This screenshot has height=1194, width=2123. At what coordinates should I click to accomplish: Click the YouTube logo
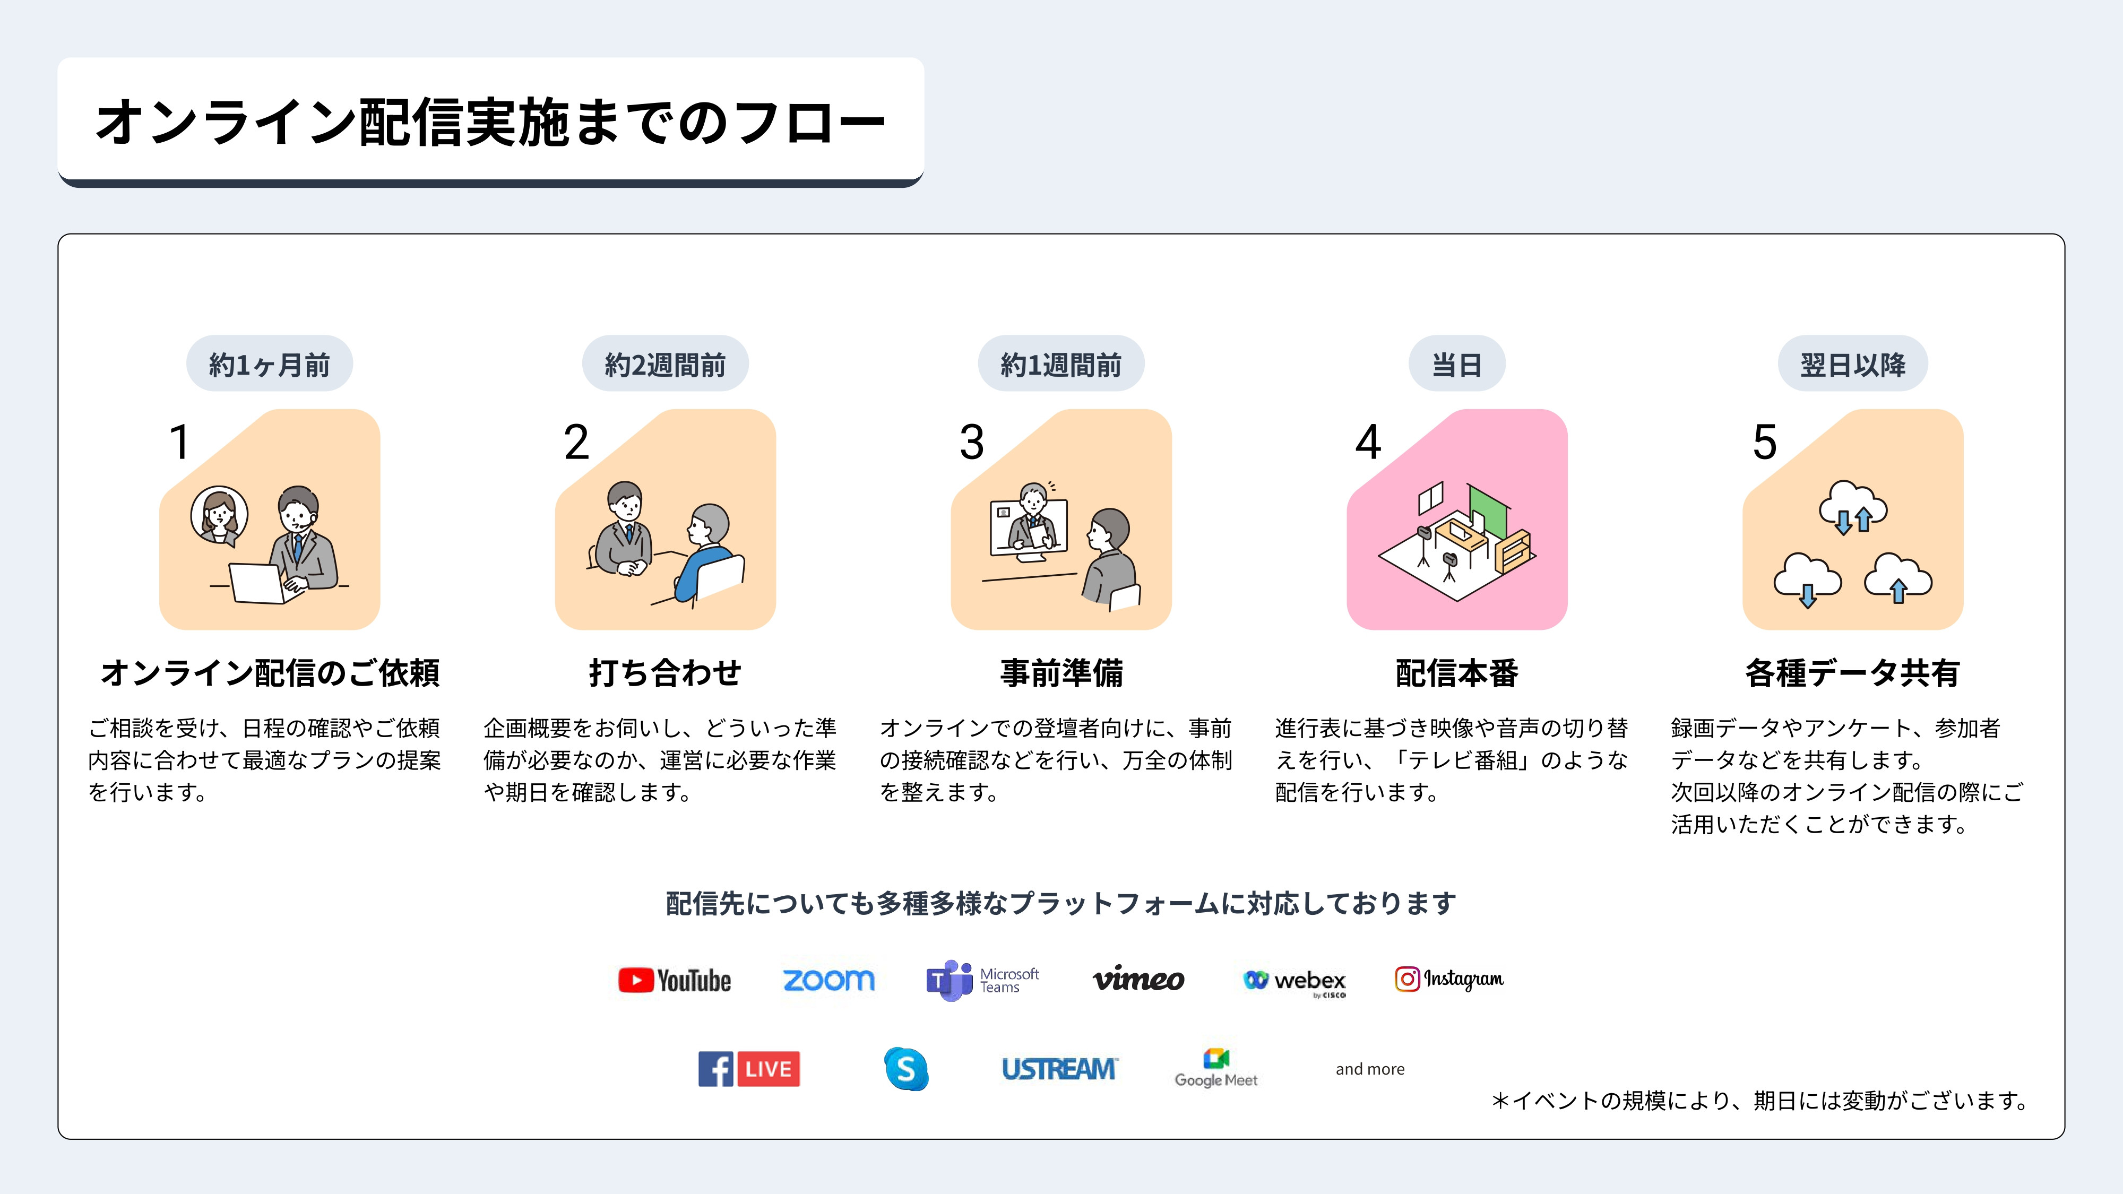(674, 980)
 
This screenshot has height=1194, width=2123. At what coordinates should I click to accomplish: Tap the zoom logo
(829, 980)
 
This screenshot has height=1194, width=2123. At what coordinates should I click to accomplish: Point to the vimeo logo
(1138, 979)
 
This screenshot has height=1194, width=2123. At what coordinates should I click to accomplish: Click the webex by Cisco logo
(1294, 981)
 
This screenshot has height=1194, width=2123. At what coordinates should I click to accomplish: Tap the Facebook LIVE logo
(748, 1069)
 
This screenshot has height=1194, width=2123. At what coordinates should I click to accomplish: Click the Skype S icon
(906, 1069)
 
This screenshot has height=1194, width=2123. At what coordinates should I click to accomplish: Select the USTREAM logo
(1059, 1069)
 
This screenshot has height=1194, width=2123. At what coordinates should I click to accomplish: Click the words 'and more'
(1370, 1069)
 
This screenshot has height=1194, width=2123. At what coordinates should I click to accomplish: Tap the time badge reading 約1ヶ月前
(270, 364)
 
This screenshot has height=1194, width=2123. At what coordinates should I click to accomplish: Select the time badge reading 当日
(1456, 364)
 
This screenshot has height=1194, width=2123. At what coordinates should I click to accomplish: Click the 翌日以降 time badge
(1853, 364)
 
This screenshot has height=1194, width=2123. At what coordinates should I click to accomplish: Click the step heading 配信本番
(1456, 672)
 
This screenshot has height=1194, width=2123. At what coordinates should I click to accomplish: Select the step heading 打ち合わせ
(665, 672)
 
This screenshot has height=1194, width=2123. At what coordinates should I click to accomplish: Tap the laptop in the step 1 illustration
(257, 583)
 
